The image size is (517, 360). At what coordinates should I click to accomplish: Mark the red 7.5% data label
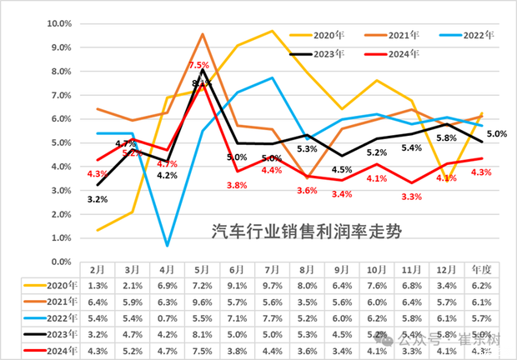(198, 65)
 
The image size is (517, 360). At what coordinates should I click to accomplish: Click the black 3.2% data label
(98, 199)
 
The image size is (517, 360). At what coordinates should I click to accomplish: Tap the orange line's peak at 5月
(203, 34)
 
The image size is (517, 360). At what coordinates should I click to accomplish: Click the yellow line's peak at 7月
(273, 31)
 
